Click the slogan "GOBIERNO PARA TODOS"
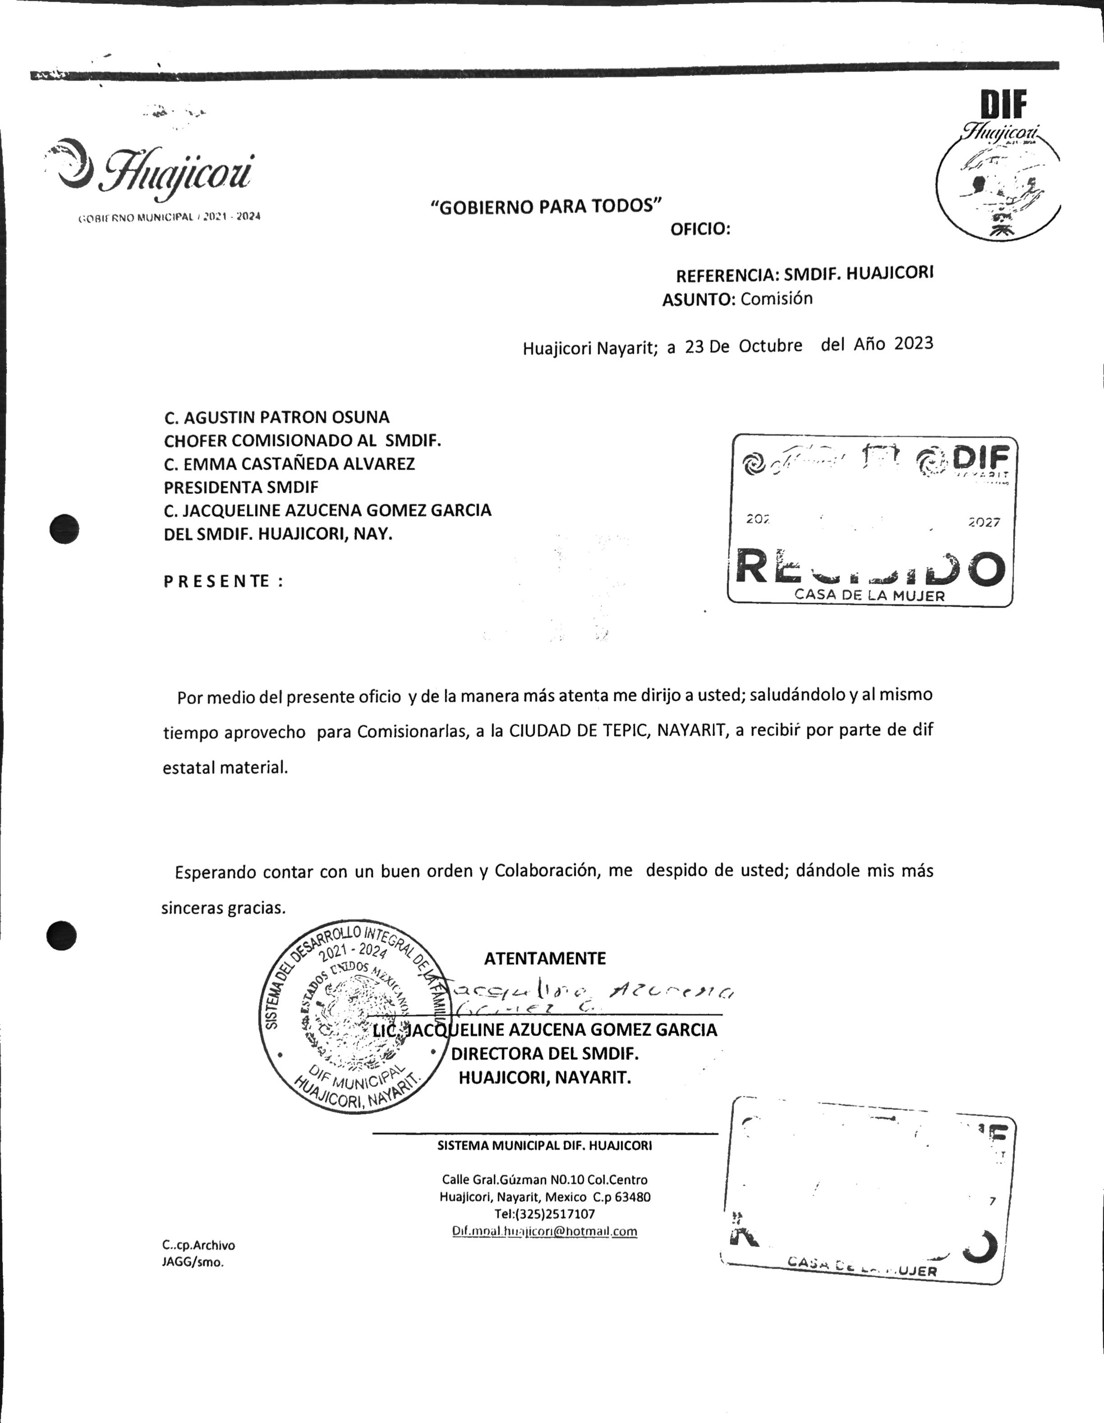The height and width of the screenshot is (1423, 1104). (x=546, y=207)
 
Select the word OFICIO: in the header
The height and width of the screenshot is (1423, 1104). (x=700, y=230)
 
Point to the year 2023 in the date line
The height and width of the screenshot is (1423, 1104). (x=913, y=344)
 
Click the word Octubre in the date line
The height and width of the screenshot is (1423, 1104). (x=770, y=346)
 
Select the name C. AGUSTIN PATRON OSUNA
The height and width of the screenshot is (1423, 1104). (x=277, y=417)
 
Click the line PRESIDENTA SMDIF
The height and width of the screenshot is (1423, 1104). (x=241, y=487)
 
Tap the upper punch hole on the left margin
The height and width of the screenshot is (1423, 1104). (x=64, y=528)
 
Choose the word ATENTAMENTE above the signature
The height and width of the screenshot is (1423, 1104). (x=545, y=959)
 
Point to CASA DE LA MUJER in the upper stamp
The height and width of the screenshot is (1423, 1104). (x=869, y=595)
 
